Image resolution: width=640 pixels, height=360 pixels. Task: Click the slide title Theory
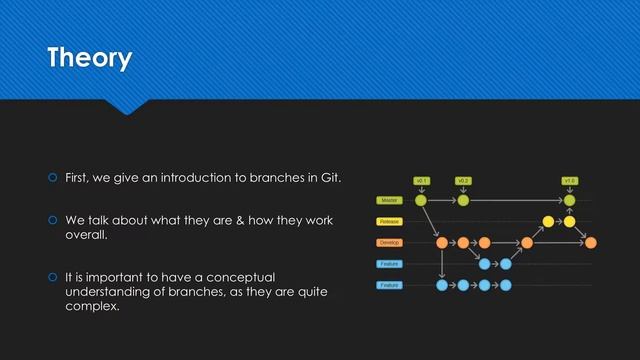pos(89,58)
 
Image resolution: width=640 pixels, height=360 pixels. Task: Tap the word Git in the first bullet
pos(330,179)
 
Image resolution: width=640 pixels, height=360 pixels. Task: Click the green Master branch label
pos(389,200)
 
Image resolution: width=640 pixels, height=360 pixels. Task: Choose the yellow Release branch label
pos(389,221)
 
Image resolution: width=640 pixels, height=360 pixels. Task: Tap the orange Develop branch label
pos(389,243)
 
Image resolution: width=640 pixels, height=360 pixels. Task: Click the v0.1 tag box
pos(421,180)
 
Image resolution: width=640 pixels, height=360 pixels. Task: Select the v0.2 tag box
pos(463,180)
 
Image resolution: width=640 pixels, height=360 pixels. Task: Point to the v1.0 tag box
pos(569,180)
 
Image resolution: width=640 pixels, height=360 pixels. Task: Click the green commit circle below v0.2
pos(463,200)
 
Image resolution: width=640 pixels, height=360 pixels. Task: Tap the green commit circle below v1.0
pos(569,200)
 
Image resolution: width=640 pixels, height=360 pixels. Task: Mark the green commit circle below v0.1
pos(421,200)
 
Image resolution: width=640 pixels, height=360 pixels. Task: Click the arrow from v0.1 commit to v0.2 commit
pos(442,200)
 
